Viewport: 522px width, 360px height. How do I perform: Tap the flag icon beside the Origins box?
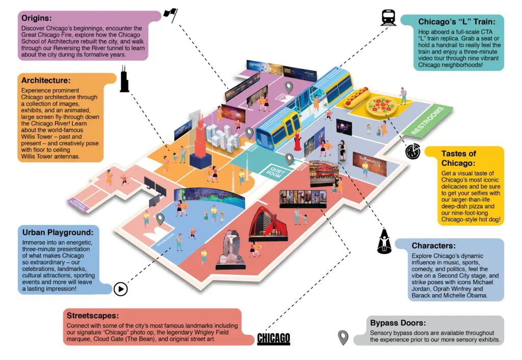click(170, 15)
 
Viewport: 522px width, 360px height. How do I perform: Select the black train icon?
click(388, 18)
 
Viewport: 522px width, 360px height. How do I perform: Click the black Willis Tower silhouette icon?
click(124, 82)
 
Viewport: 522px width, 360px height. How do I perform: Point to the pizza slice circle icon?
click(413, 151)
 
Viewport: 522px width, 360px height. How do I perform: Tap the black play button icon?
click(120, 289)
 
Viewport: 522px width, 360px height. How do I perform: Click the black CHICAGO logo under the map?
click(273, 338)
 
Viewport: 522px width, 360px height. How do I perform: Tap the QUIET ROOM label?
click(274, 171)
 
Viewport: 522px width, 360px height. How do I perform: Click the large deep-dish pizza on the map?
click(380, 107)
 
